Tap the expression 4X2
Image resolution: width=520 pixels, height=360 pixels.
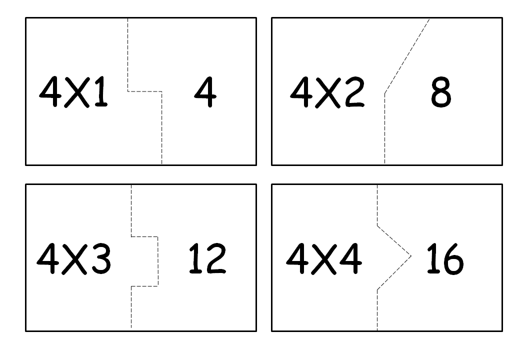(327, 93)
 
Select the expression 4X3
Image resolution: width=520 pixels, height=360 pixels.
(73, 259)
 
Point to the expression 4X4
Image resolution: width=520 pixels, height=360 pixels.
(323, 259)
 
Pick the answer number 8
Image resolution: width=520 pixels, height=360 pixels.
(441, 93)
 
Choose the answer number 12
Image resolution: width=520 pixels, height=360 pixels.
(207, 259)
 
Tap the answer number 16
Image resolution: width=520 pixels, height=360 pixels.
(444, 259)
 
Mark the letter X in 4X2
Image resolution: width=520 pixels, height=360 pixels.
(328, 93)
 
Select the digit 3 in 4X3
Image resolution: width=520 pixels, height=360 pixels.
(100, 259)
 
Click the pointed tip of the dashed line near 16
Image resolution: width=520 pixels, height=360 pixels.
(410, 256)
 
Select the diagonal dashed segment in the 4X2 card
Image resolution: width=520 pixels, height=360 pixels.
(406, 55)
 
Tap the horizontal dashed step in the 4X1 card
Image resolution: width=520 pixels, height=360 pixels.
(145, 91)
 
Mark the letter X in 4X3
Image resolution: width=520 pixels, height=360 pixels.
(74, 259)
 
